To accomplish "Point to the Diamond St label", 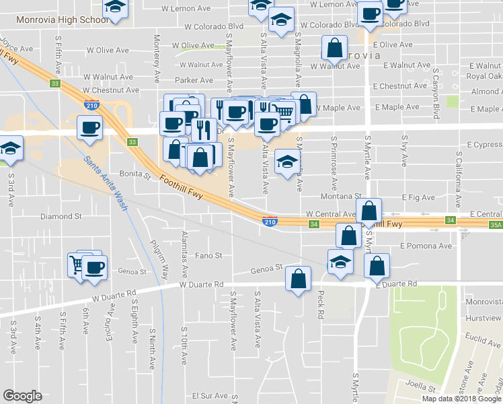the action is coord(61,217).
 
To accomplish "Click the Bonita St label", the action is coord(135,175).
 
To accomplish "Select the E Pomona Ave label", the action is coord(426,246).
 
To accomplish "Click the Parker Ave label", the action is coord(194,80).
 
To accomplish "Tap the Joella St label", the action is coord(416,389).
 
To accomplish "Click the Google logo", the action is coord(22,396).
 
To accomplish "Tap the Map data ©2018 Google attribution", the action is coord(461,399).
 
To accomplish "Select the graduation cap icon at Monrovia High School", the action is coord(116,8).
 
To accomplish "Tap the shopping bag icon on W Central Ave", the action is coord(369,211).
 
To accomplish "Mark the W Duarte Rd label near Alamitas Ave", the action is coord(201,285).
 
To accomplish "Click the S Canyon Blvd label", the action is coord(436,90).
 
